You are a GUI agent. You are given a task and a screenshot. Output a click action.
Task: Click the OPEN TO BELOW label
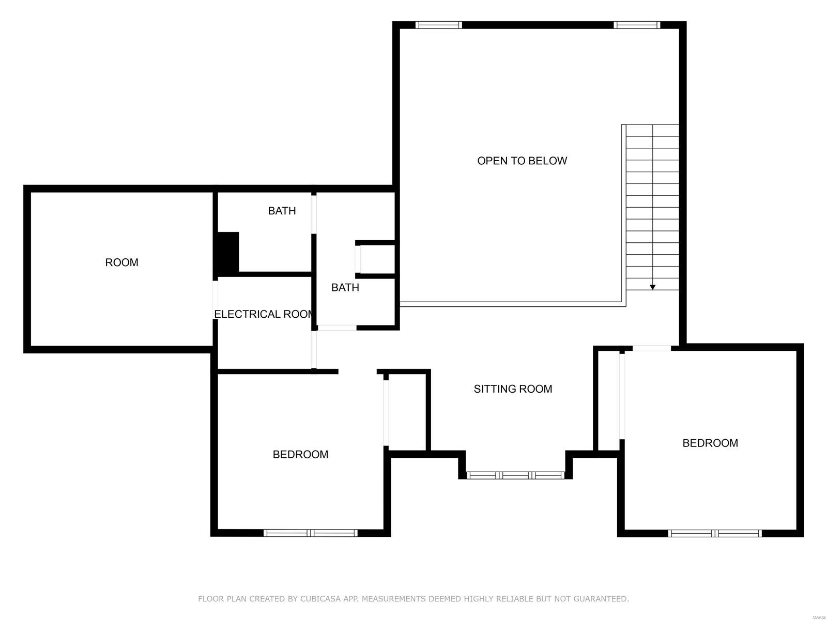(522, 161)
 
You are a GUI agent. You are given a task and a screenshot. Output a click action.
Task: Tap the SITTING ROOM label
(513, 389)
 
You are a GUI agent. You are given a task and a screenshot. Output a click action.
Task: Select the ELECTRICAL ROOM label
(264, 314)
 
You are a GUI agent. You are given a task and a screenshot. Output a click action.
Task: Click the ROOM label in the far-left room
(121, 262)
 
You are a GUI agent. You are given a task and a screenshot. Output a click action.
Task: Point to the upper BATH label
(282, 211)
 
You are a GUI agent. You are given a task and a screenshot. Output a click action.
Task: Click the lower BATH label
(345, 287)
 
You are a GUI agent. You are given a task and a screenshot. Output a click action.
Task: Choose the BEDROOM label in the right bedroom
(710, 443)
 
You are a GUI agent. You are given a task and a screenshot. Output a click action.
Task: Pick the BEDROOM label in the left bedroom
(300, 454)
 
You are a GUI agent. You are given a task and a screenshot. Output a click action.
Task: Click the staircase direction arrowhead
(652, 287)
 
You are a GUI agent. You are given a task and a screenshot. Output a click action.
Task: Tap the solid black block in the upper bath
(227, 252)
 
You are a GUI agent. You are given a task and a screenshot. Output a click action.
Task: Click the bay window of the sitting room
(515, 475)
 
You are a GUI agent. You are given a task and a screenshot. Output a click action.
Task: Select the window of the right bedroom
(714, 533)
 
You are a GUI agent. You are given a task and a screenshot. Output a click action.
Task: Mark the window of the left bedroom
(310, 533)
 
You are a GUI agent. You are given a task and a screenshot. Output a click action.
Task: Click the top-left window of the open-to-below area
(438, 25)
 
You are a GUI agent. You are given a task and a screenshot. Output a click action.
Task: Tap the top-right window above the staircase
(636, 25)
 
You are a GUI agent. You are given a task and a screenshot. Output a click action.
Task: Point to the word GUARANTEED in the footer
(601, 599)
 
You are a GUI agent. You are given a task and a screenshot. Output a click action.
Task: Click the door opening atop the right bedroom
(651, 348)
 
